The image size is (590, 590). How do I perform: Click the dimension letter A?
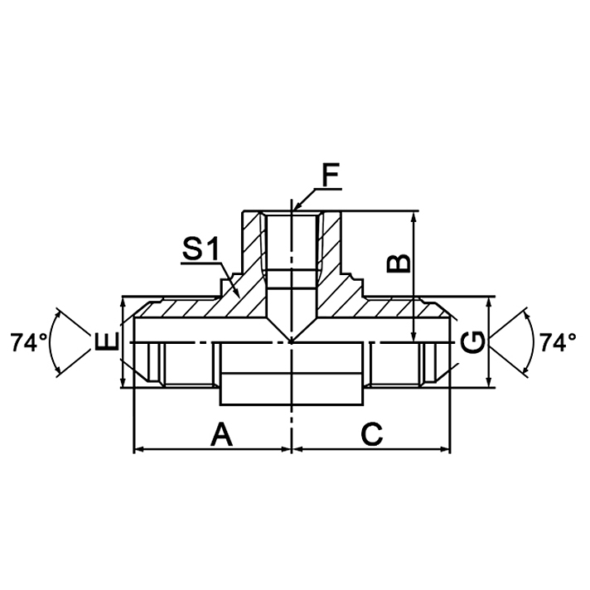click(x=221, y=434)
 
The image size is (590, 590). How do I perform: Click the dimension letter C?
click(x=372, y=434)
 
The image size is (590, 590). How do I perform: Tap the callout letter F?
click(x=331, y=175)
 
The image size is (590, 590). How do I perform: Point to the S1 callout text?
click(x=201, y=249)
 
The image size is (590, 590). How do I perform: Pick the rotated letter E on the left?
click(x=107, y=342)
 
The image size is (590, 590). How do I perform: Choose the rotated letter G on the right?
click(x=472, y=342)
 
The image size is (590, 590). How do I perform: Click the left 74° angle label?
click(x=28, y=342)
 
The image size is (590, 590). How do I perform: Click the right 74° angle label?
click(x=558, y=342)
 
